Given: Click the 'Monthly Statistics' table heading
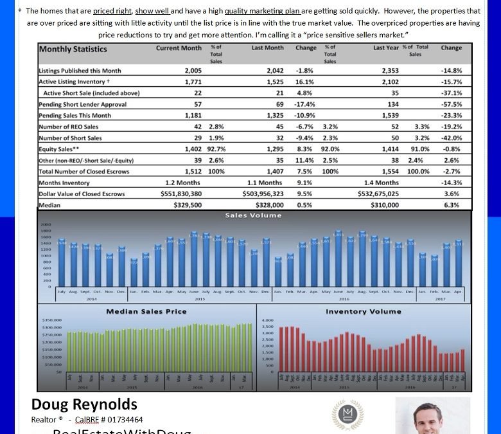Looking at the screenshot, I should [73, 49].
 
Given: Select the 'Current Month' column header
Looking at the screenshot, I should [179, 48].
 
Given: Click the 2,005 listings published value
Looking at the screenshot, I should [193, 71].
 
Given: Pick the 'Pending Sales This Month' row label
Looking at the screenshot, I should [75, 116].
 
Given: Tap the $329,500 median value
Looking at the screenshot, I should [188, 205].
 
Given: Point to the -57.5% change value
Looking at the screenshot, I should [452, 104].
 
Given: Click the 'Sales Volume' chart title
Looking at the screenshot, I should [253, 216].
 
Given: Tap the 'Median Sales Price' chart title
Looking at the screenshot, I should [146, 311].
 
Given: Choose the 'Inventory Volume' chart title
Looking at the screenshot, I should [363, 311].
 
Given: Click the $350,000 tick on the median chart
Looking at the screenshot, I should [51, 320].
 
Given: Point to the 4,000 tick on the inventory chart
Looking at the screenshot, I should [268, 320].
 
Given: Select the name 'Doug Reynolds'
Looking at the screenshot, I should [84, 404].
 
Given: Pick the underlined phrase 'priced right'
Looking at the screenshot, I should [112, 11].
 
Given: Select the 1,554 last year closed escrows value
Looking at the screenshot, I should [390, 172].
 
